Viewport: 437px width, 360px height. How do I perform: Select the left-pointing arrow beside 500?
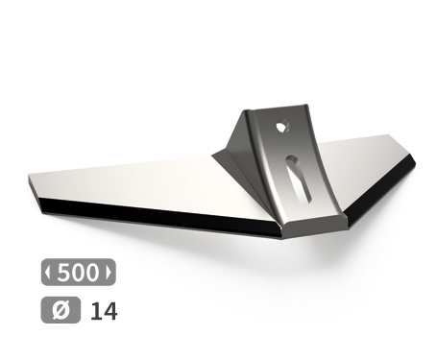(48, 272)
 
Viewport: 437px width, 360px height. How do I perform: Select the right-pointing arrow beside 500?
(111, 272)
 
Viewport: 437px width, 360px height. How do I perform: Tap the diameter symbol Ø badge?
(57, 311)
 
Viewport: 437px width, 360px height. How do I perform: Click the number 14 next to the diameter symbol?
(103, 311)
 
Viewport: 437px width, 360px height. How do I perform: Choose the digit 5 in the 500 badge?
(64, 272)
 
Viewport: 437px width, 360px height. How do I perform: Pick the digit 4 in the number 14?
(109, 311)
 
